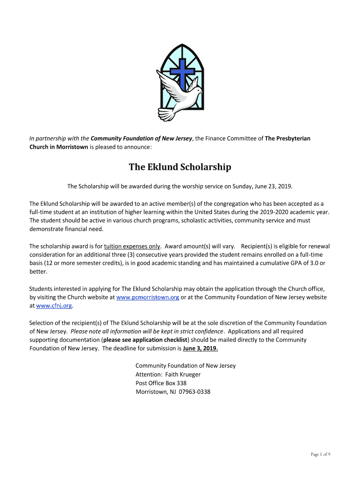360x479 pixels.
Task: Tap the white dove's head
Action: (195, 90)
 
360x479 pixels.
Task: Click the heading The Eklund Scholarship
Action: (180, 167)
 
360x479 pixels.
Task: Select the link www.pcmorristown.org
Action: (148, 297)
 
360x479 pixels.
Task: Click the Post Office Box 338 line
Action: (161, 383)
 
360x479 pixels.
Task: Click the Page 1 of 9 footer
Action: (321, 454)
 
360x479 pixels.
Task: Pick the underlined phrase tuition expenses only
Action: (132, 246)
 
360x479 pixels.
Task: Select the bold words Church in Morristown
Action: (58, 147)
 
